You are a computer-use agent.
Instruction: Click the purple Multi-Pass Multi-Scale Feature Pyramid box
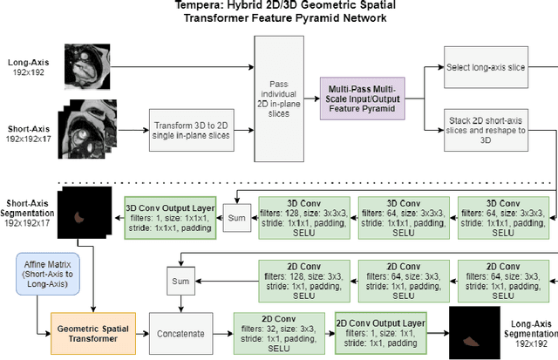(x=359, y=96)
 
